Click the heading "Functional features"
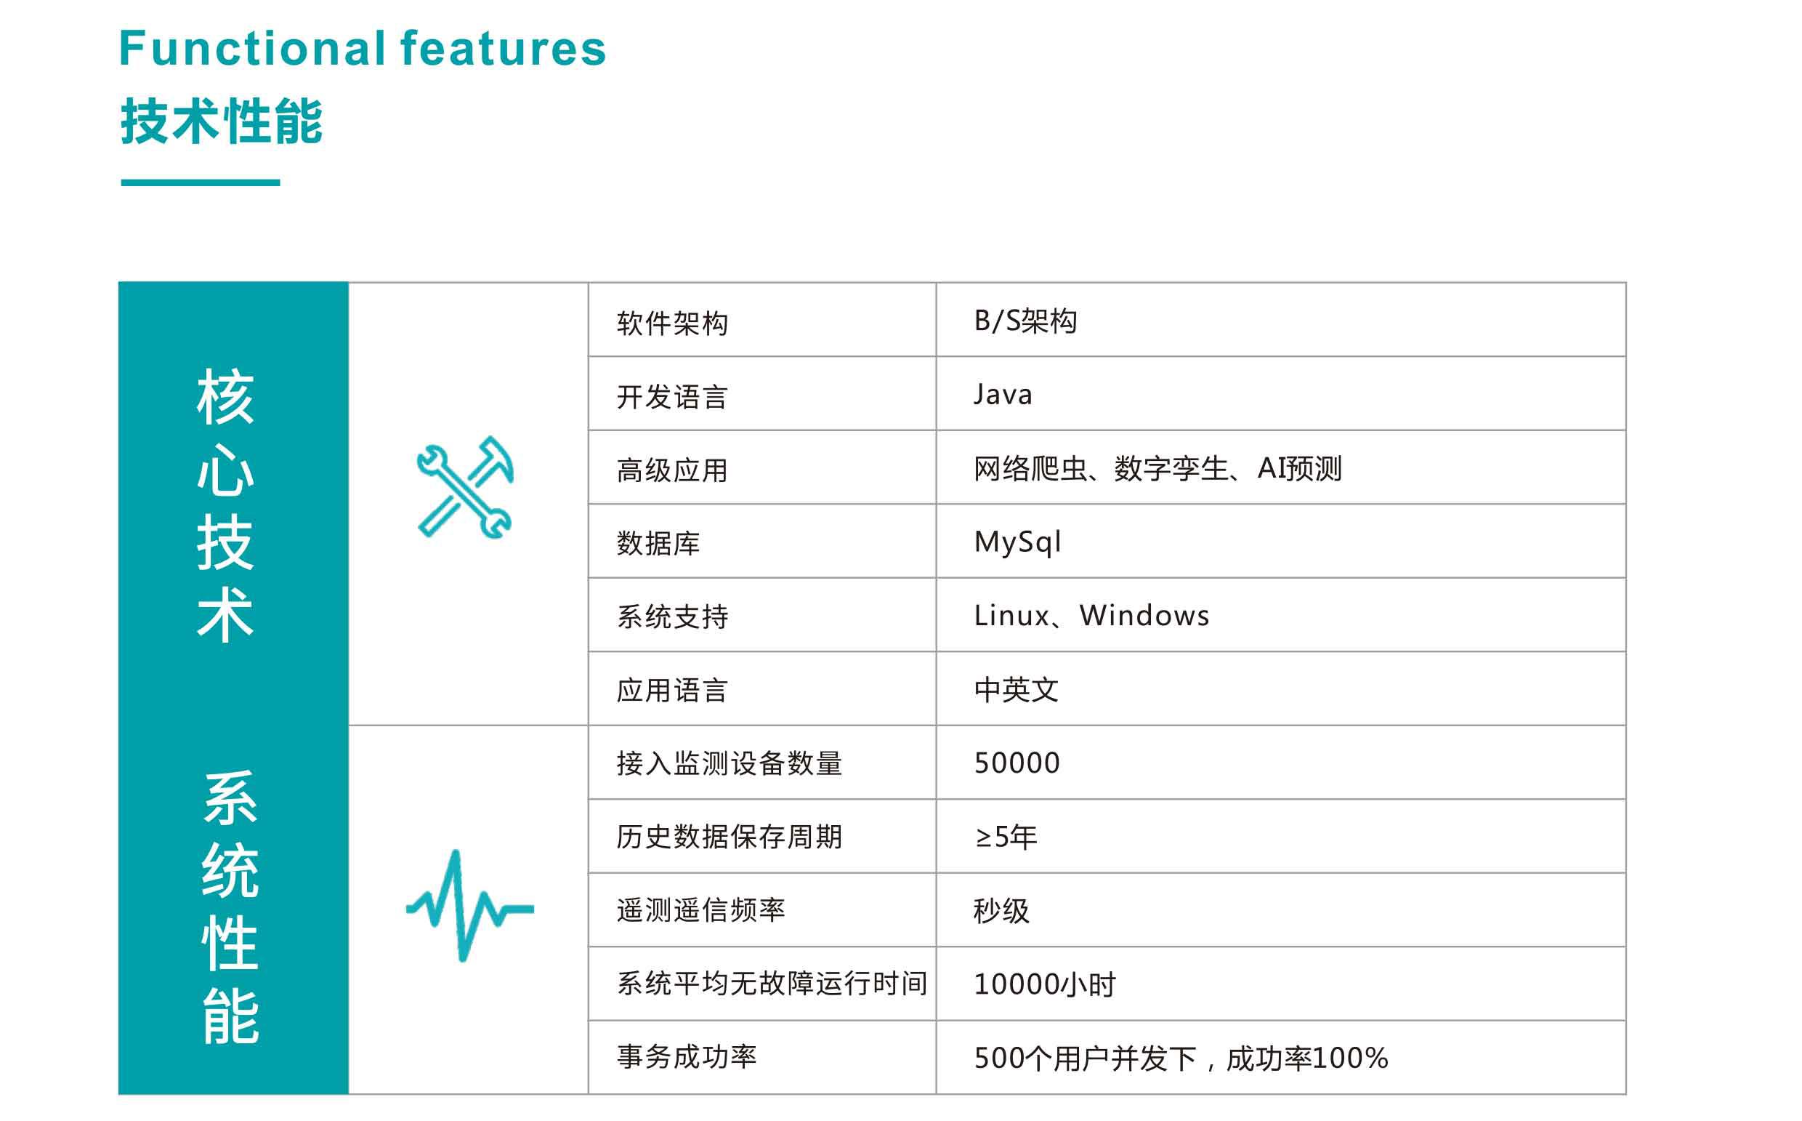pyautogui.click(x=363, y=49)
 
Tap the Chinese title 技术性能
pyautogui.click(x=222, y=121)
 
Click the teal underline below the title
pyautogui.click(x=200, y=182)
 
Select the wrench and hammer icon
pyautogui.click(x=465, y=487)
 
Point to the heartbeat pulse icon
pyautogui.click(x=470, y=906)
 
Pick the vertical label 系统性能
pyautogui.click(x=230, y=907)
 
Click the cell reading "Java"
pyautogui.click(x=1003, y=395)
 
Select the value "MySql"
pyautogui.click(x=1017, y=542)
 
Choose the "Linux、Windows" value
pyautogui.click(x=1091, y=615)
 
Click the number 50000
pyautogui.click(x=1017, y=763)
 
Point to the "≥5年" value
pyautogui.click(x=1006, y=837)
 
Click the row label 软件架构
pyautogui.click(x=672, y=324)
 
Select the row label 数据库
pyautogui.click(x=658, y=544)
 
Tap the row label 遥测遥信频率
pyautogui.click(x=700, y=910)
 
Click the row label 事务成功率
pyautogui.click(x=686, y=1057)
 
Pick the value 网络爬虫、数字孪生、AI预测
pyautogui.click(x=1157, y=469)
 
